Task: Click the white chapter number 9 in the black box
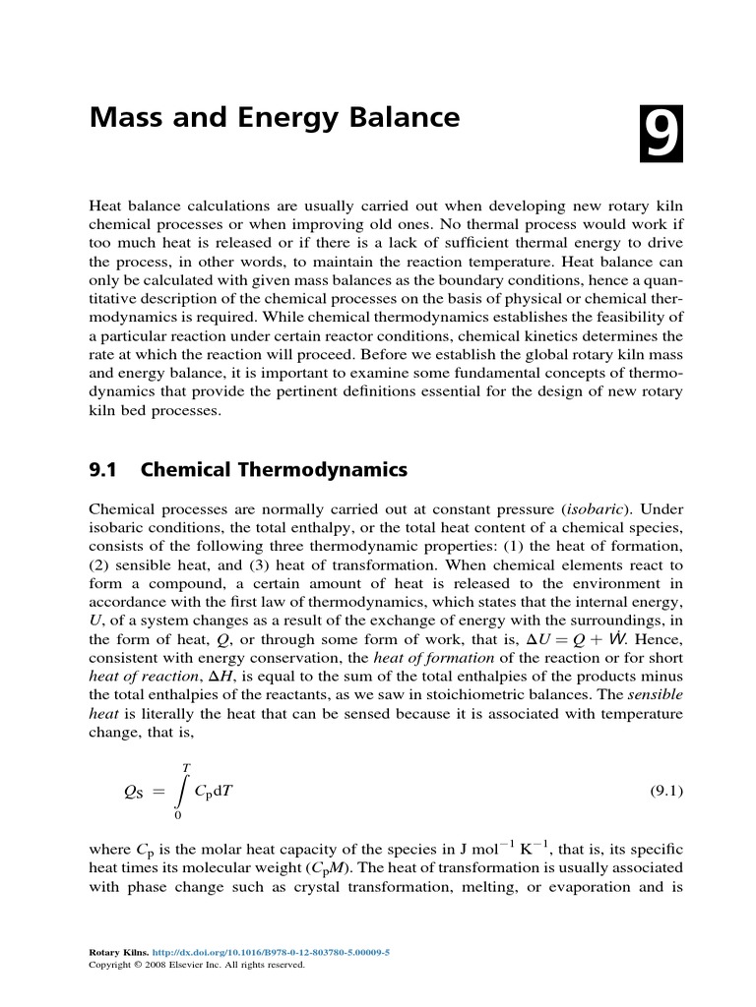pyautogui.click(x=660, y=136)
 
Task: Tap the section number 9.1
pyautogui.click(x=104, y=470)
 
